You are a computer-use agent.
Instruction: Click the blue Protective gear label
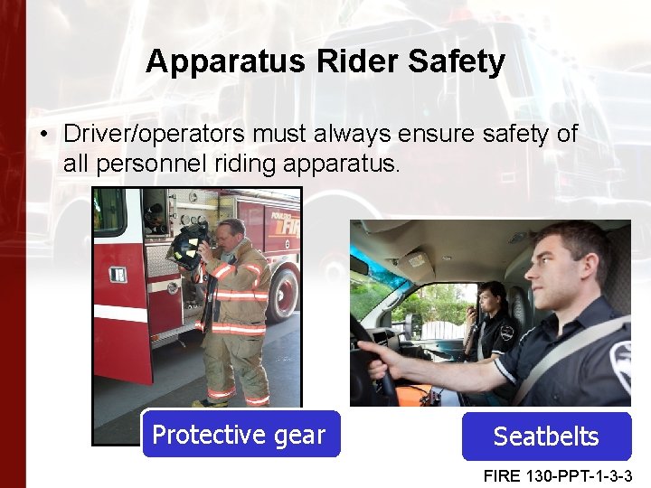pyautogui.click(x=240, y=435)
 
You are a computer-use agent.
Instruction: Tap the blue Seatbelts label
pyautogui.click(x=545, y=436)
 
